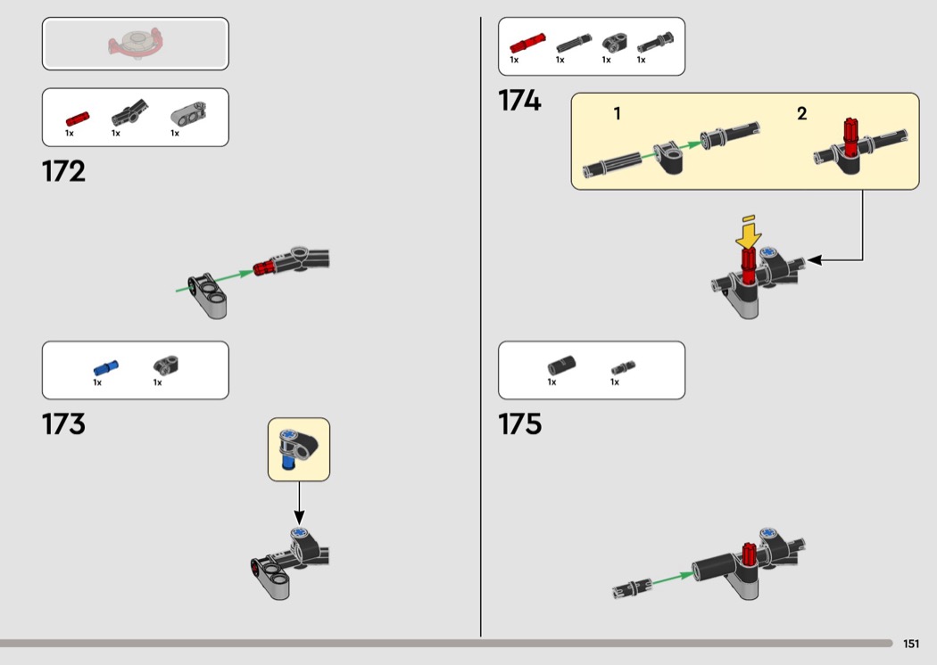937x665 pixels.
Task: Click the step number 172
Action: [x=63, y=171]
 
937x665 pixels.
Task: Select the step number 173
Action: [x=63, y=423]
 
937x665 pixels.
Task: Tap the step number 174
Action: [x=519, y=102]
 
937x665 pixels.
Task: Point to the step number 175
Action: [x=519, y=423]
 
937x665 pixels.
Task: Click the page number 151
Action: [x=910, y=644]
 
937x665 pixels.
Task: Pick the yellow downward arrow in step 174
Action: [x=749, y=234]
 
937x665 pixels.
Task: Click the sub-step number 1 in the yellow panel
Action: [x=617, y=114]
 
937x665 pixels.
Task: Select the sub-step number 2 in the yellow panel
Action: [x=801, y=114]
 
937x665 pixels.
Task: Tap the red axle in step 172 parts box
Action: [x=77, y=118]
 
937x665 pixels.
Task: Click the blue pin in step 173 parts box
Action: [x=105, y=366]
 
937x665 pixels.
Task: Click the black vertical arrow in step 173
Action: [x=299, y=504]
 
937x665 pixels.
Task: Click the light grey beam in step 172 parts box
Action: [x=188, y=114]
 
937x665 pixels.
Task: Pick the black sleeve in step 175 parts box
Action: [x=562, y=365]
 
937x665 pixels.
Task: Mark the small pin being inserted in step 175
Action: [x=631, y=588]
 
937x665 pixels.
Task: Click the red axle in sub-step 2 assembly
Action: [x=850, y=136]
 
